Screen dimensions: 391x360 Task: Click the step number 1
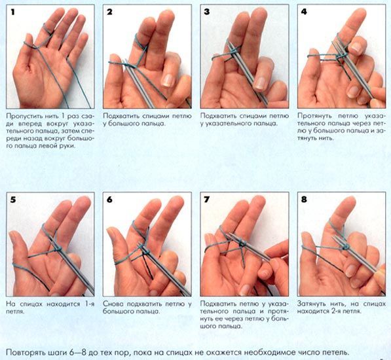[x=13, y=12]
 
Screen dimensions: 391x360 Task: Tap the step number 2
[x=110, y=12]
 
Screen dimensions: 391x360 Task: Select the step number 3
[x=207, y=12]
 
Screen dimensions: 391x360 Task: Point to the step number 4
[x=304, y=12]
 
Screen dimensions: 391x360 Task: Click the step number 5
[x=13, y=200]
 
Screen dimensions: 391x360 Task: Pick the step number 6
[x=110, y=200]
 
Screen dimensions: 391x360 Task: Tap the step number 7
[x=207, y=200]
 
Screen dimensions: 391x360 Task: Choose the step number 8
[x=304, y=200]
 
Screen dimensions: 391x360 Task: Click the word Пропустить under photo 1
[x=21, y=117]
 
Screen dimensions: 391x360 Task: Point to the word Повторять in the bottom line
[x=22, y=353]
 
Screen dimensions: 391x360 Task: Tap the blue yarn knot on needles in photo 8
[x=345, y=247]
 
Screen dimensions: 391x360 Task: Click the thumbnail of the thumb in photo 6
[x=111, y=233]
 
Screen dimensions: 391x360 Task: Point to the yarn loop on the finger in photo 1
[x=48, y=29]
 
